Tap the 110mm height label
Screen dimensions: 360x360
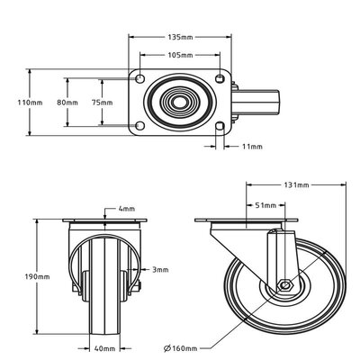(x=31, y=103)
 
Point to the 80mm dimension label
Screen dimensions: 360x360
(x=67, y=103)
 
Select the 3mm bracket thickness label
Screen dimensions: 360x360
(x=160, y=269)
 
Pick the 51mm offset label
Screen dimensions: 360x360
(x=265, y=205)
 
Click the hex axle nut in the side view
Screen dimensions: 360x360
(x=283, y=285)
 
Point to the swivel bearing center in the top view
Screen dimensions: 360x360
(x=180, y=102)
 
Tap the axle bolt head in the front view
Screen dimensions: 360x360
(x=142, y=285)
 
